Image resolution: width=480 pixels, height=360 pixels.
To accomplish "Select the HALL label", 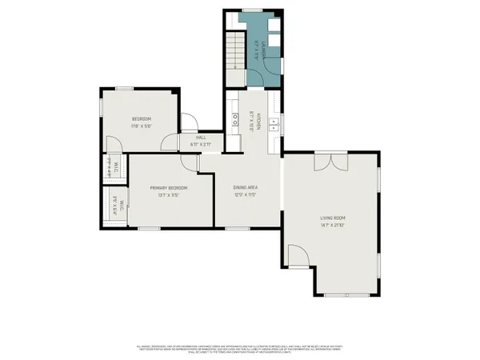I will tap(202, 137).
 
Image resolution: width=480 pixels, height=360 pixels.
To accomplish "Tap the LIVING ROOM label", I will tap(332, 217).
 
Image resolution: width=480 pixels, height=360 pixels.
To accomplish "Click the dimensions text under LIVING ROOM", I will tap(332, 225).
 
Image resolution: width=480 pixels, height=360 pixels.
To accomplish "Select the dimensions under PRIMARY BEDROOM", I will tap(169, 194).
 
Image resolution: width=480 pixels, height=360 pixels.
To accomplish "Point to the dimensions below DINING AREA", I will tap(246, 194).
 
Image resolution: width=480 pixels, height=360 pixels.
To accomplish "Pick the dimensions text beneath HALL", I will tap(202, 144).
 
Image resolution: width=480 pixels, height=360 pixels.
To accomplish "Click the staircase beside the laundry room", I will tap(234, 52).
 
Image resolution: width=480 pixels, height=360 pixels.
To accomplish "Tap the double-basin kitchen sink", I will tap(274, 123).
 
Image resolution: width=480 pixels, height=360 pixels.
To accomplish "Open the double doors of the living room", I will tap(332, 163).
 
